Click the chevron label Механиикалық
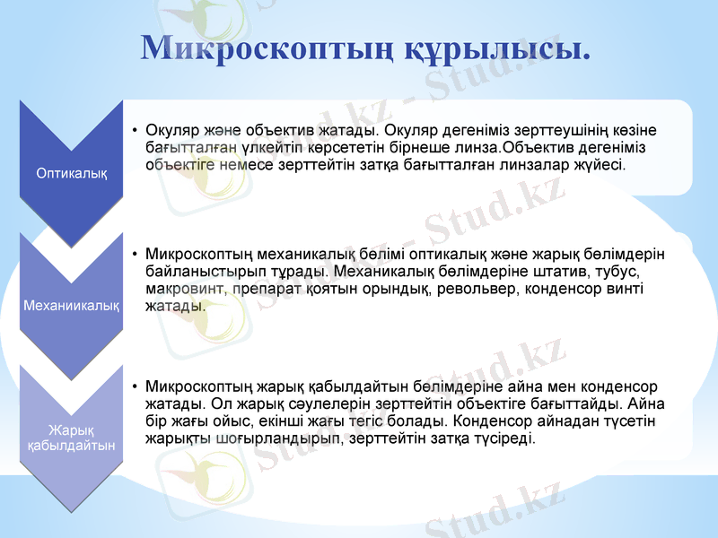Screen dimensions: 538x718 pos(72,305)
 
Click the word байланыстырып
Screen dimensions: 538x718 pos(198,271)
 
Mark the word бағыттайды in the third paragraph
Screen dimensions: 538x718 pos(579,404)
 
